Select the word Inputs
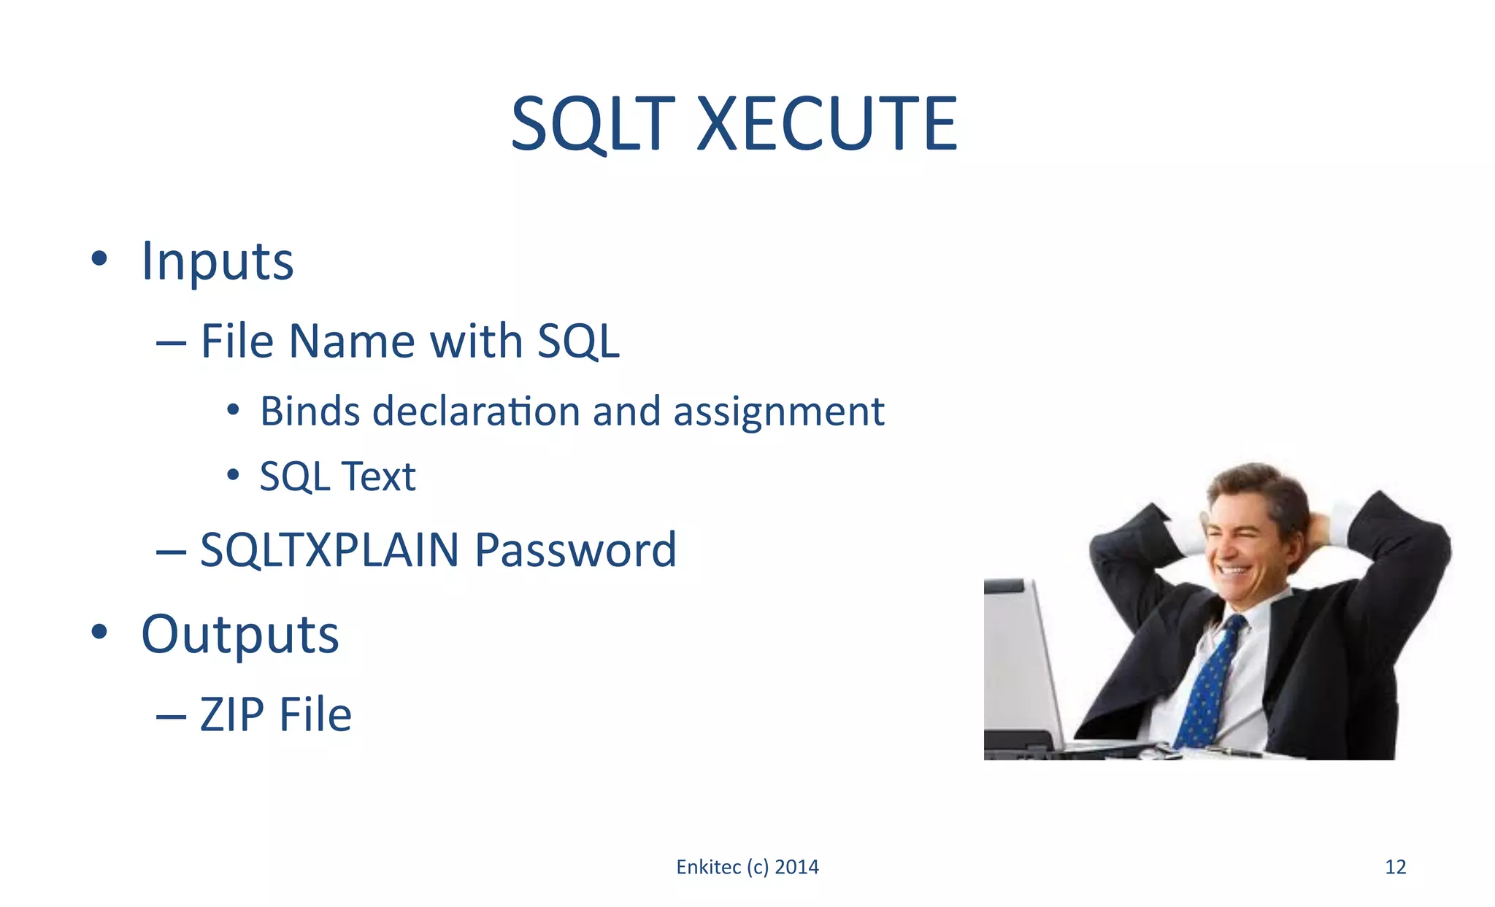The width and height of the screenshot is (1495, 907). point(218,261)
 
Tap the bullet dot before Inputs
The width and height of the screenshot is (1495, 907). point(100,258)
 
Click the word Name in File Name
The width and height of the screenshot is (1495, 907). point(352,341)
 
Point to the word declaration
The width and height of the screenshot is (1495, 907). point(476,412)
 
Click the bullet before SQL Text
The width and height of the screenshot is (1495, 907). point(233,475)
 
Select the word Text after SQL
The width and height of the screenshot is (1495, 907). point(378,476)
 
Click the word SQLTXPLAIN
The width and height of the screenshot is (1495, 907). point(329,549)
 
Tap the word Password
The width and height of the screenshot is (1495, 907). point(575,549)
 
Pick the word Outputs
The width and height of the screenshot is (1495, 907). point(240,635)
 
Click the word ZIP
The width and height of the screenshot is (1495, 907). point(232,714)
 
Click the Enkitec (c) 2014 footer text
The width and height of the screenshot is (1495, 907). point(747,867)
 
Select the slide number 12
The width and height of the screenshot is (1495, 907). point(1395,867)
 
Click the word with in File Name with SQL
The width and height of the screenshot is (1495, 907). point(476,341)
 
